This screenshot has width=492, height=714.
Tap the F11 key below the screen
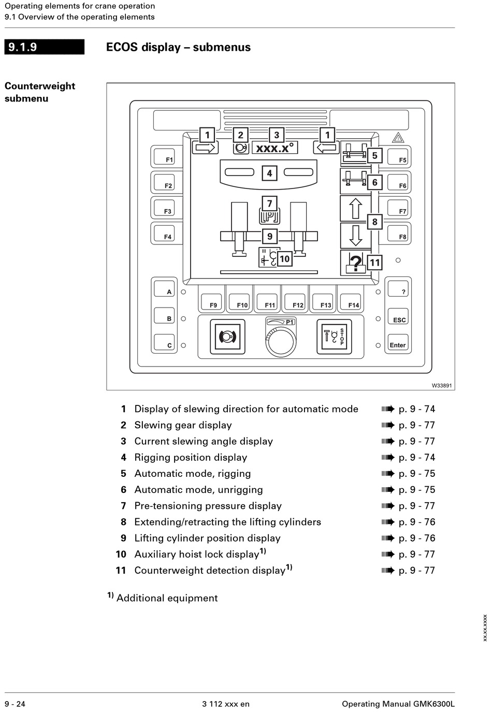pos(267,301)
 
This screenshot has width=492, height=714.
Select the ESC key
pos(398,316)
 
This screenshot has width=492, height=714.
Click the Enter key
pos(398,342)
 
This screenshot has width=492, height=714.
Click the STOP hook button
pos(334,337)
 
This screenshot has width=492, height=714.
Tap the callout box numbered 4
pos(269,173)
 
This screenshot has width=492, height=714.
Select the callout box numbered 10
pos(284,258)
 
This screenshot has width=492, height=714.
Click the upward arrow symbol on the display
pos(355,209)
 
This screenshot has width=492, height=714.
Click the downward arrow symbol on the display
pos(355,236)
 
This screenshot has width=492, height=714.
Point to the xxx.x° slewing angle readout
pos(275,148)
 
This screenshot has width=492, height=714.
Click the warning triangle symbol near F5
pos(398,138)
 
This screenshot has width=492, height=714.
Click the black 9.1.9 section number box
pos(45,47)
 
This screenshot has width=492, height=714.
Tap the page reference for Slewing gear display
pos(417,425)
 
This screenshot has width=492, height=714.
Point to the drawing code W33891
pos(442,385)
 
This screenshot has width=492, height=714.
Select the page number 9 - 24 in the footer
pos(15,704)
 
